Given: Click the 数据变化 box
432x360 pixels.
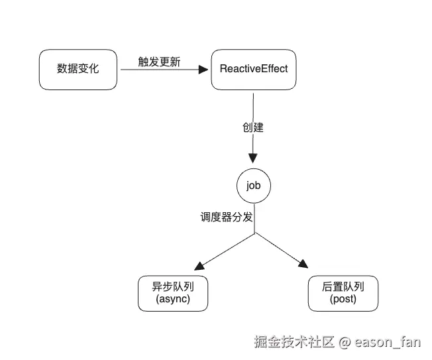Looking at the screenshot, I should point(78,68).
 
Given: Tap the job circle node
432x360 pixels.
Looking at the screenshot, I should point(253,186).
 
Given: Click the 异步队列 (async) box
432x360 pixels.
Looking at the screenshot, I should point(172,293).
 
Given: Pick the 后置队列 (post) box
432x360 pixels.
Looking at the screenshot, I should point(343,293).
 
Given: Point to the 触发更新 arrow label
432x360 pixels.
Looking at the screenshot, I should point(159,62).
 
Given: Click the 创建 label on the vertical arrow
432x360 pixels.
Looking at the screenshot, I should point(253,127).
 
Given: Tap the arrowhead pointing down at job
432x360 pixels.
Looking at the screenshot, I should point(253,159).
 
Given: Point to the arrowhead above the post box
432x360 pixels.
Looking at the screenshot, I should point(303,265).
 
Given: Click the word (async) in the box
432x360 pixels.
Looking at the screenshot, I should point(172,300).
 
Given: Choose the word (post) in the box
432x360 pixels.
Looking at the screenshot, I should point(343,300).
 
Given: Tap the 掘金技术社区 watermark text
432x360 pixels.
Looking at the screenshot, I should point(295,342).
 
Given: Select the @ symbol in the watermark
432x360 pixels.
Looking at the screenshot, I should point(345,343).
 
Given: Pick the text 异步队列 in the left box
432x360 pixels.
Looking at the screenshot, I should point(172,287).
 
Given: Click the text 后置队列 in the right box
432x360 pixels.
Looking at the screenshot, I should point(343,287).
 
